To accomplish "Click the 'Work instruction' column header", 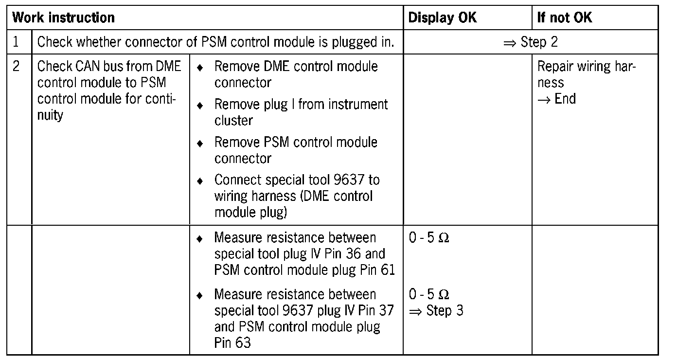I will [64, 18].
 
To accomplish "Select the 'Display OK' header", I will [443, 18].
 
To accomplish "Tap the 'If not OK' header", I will [565, 18].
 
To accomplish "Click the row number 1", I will [16, 42].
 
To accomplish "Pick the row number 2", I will [16, 66].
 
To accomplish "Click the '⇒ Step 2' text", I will [531, 42].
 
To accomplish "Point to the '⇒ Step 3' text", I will [436, 310].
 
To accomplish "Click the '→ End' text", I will [557, 99].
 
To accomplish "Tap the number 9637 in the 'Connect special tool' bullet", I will [351, 180].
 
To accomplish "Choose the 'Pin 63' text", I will [232, 342].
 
